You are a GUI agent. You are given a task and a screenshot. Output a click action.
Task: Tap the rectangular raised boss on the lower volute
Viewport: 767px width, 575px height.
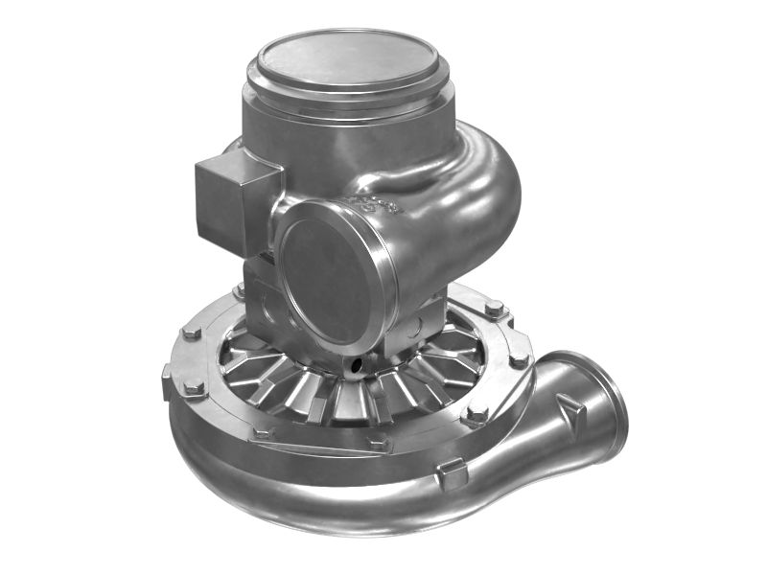coord(451,472)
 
